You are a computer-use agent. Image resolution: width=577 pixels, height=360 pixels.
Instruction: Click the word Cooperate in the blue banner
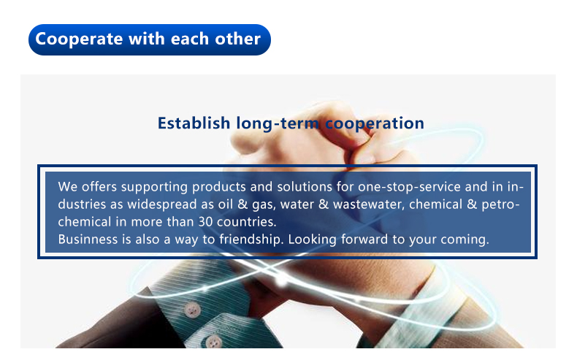(x=79, y=39)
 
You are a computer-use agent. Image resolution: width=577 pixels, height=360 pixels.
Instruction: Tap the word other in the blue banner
(x=237, y=39)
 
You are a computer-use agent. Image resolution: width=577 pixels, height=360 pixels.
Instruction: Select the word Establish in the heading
(x=194, y=123)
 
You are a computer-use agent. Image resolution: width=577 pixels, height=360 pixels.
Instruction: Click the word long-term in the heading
(x=278, y=123)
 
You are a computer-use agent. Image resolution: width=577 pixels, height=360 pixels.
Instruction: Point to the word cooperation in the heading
(x=375, y=123)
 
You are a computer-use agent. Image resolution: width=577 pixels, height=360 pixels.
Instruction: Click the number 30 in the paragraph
(x=205, y=222)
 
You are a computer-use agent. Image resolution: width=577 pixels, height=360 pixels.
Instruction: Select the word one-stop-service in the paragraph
(x=409, y=187)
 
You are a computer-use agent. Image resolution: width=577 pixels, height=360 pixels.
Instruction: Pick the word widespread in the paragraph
(x=162, y=204)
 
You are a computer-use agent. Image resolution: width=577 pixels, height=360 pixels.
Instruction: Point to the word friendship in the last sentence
(x=251, y=240)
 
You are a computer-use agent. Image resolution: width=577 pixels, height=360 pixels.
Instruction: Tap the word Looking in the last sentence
(x=312, y=240)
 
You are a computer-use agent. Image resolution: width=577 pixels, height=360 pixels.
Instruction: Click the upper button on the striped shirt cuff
(x=192, y=310)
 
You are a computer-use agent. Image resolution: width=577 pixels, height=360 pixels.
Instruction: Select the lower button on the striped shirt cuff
(x=213, y=342)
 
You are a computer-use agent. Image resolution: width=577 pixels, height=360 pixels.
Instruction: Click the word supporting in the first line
(x=154, y=187)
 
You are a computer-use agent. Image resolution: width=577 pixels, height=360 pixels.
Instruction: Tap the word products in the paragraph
(x=218, y=187)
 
